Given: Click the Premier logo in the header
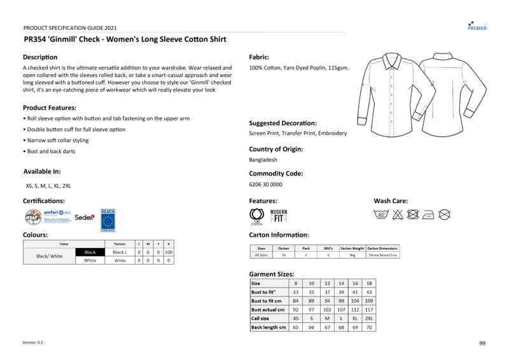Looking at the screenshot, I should point(477,25).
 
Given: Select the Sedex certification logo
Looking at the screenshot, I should point(85,218).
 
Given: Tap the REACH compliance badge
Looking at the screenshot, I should point(108,219).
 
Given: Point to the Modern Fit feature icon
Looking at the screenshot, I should point(279,216).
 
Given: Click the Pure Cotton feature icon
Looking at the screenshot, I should point(256,216).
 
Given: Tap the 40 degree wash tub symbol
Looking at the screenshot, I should point(382,214).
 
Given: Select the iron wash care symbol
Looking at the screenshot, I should point(429,214).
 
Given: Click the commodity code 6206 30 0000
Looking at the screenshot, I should point(265,184).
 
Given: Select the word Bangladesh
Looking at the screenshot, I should point(263,160).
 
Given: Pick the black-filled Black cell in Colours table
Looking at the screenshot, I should point(90,253).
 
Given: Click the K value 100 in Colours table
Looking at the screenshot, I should point(169,253).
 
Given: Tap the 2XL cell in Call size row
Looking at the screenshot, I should point(369,318).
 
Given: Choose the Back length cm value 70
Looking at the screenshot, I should point(369,327).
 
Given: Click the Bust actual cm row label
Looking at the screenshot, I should point(268,309).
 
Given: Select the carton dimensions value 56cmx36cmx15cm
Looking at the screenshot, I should point(383,255).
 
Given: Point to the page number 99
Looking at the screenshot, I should point(482,343).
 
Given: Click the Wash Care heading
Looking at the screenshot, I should point(391,201).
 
